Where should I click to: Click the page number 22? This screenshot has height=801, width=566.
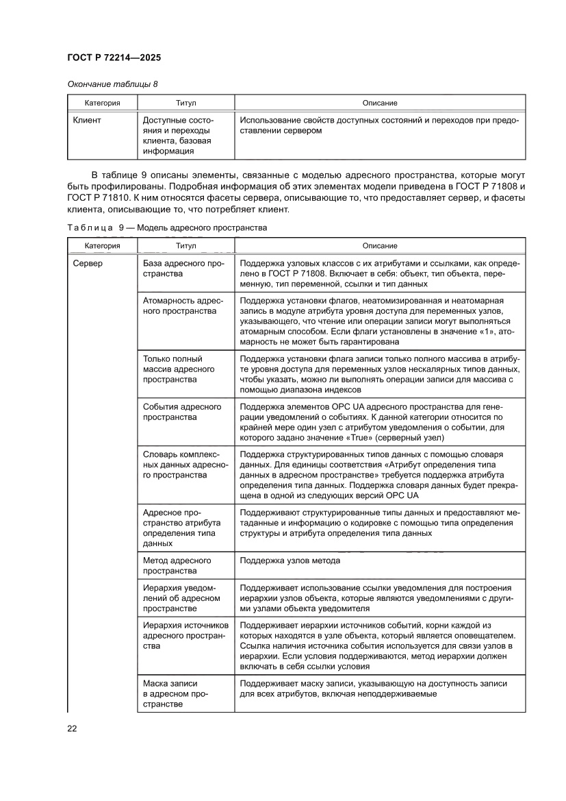pyautogui.click(x=72, y=728)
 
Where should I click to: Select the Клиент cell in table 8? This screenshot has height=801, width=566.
pyautogui.click(x=87, y=120)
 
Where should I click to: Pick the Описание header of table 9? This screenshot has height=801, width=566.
pyautogui.click(x=380, y=245)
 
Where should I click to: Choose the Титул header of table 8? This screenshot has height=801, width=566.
pyautogui.click(x=185, y=103)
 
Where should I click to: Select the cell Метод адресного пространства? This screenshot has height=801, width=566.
pyautogui.click(x=177, y=565)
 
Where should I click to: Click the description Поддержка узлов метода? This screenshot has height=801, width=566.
pyautogui.click(x=290, y=560)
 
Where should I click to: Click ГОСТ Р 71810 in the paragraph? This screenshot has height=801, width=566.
pyautogui.click(x=94, y=199)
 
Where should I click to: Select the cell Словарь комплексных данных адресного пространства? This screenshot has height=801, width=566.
pyautogui.click(x=185, y=465)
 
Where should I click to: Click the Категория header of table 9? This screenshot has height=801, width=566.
pyautogui.click(x=103, y=245)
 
